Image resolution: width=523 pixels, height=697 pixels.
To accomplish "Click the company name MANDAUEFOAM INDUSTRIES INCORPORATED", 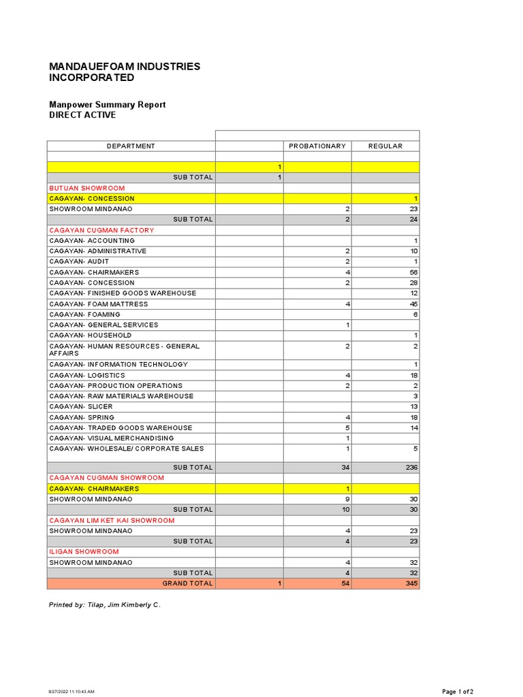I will click(125, 72).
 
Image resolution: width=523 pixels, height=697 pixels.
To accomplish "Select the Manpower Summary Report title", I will click(107, 105).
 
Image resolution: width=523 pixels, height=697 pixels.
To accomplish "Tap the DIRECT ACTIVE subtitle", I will click(82, 115).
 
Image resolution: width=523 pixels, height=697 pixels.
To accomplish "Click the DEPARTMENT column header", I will click(131, 146).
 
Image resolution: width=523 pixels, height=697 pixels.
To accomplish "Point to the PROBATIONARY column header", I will click(317, 146).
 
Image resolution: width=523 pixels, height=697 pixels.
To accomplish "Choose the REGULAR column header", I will click(385, 146).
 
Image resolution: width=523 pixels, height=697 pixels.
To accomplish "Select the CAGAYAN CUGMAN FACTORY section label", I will click(101, 230).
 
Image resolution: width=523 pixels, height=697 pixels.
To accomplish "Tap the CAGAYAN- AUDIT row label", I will click(79, 261).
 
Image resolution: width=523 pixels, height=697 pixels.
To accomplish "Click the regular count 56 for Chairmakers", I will click(413, 272).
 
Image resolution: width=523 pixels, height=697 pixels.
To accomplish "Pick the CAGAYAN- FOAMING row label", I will click(84, 314).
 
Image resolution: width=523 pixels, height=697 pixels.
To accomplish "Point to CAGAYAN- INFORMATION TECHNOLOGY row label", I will click(118, 365).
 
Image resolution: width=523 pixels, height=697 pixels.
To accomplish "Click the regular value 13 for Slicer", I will click(413, 407).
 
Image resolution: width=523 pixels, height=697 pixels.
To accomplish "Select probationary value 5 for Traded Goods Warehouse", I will click(347, 428).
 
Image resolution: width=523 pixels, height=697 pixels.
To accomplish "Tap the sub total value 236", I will click(411, 468).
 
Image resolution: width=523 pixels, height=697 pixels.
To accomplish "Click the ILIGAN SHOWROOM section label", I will click(84, 552).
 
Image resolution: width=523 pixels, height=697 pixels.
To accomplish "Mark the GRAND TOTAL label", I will click(187, 584).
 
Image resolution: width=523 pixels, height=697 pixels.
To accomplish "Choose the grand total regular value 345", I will click(411, 584).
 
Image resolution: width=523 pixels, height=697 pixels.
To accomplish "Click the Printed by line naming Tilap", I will click(105, 604).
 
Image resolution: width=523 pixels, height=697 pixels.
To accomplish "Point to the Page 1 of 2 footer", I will click(458, 692).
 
